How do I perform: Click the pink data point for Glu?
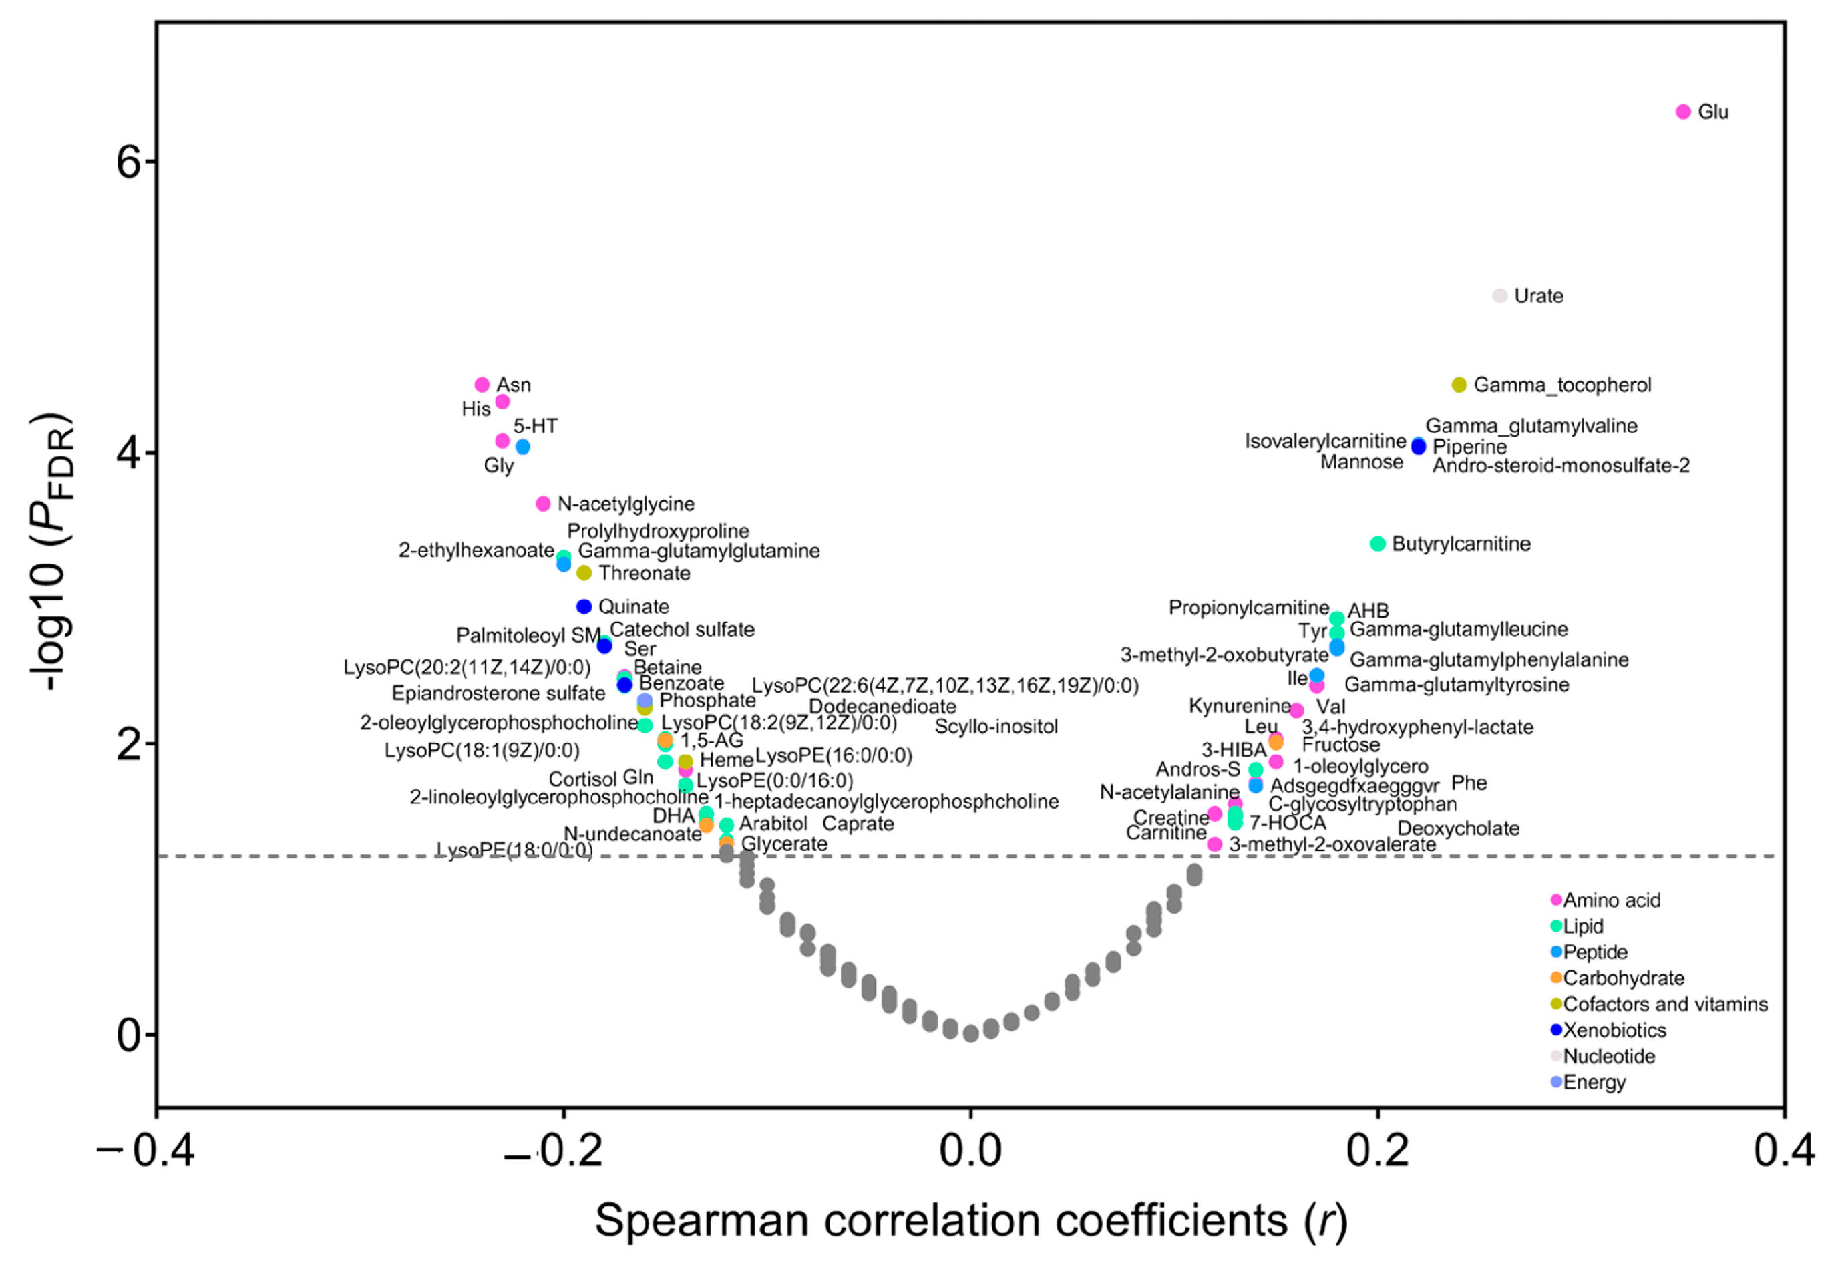tap(1683, 112)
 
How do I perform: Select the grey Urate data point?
tap(1499, 295)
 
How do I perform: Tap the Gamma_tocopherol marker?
tap(1459, 385)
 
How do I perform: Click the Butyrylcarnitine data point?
tap(1378, 543)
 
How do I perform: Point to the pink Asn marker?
tap(482, 385)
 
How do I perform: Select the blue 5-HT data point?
tap(522, 447)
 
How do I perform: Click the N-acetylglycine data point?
tap(543, 504)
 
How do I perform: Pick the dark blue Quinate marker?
tap(584, 606)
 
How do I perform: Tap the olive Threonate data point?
tap(584, 572)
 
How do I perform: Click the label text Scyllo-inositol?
tap(996, 726)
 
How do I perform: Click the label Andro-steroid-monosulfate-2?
tap(1561, 466)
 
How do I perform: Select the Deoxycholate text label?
tap(1459, 828)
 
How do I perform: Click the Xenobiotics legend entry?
tap(1614, 1030)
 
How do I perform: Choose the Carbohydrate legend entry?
tap(1623, 978)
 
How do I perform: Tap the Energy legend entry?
tap(1594, 1083)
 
